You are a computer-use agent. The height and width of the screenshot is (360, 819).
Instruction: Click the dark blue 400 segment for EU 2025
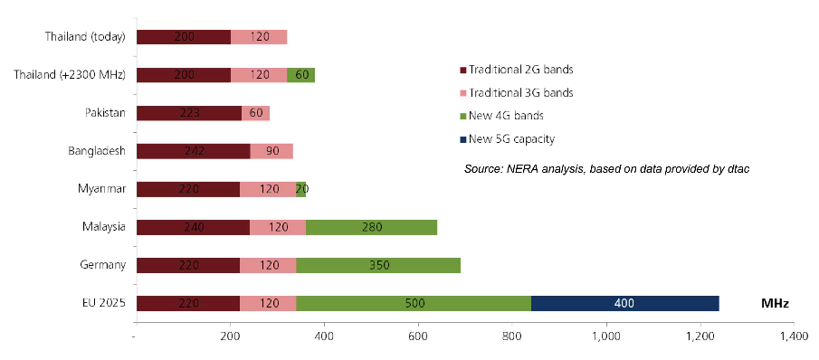[625, 303]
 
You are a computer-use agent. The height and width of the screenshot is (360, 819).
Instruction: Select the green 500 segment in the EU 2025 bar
[414, 303]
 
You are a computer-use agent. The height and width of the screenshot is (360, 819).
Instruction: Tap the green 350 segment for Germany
[378, 265]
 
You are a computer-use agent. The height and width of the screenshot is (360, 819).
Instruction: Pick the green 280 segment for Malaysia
[371, 227]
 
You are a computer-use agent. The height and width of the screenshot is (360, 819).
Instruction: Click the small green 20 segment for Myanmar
[300, 189]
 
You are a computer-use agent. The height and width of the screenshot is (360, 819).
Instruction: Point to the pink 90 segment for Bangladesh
[271, 151]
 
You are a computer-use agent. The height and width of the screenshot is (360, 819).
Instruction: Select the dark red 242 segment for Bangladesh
[194, 151]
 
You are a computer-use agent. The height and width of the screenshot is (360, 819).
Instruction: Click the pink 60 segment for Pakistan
[255, 113]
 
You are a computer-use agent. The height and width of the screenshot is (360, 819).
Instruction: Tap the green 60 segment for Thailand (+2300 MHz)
[300, 75]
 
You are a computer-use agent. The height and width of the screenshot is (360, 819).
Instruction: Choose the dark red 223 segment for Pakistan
[189, 113]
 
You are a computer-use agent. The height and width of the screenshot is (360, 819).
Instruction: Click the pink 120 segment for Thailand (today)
[259, 37]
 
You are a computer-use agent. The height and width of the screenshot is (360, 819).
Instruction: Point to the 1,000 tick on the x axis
[606, 338]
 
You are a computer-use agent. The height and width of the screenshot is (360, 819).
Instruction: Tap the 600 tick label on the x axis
[418, 338]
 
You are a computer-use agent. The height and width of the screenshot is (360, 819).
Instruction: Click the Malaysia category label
[103, 227]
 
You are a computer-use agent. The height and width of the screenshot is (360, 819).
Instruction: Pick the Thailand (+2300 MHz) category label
[70, 76]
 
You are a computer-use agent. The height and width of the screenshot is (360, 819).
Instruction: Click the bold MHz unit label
[775, 304]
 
